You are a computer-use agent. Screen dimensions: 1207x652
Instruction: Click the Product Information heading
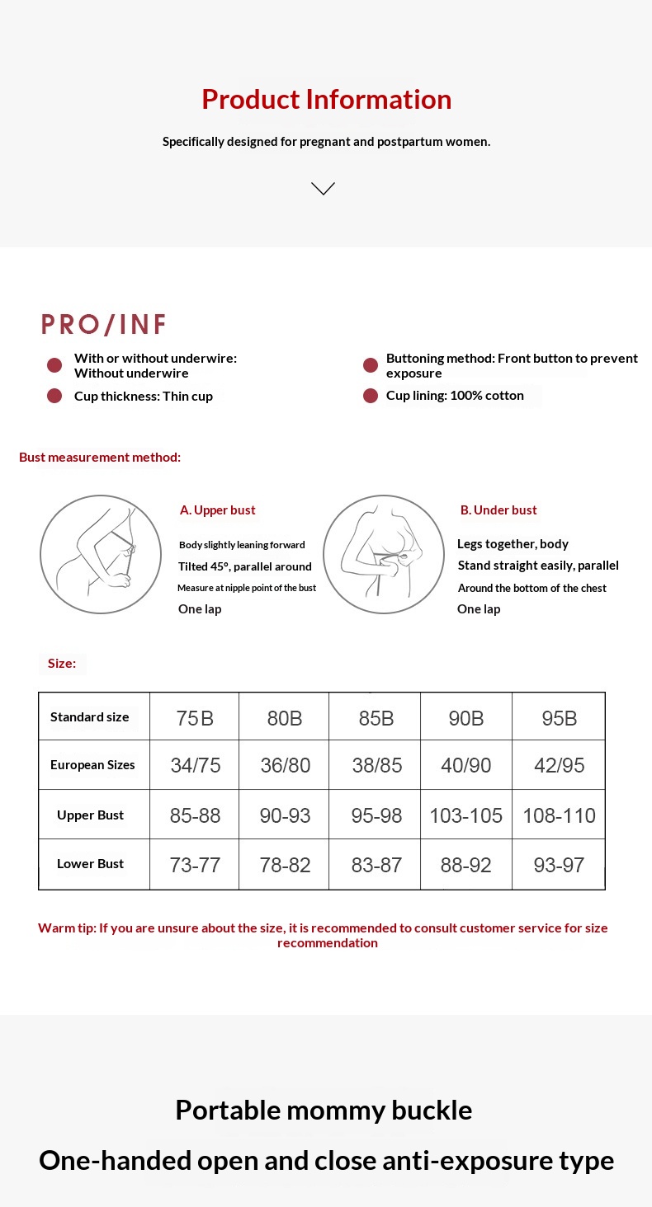326,100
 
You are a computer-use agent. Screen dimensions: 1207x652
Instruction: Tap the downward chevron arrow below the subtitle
323,189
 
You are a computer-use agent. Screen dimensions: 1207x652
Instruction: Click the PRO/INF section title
104,325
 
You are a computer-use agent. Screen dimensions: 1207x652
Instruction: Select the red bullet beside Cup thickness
54,396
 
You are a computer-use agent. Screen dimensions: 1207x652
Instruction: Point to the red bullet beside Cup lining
371,396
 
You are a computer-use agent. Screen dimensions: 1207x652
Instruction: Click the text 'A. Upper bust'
217,510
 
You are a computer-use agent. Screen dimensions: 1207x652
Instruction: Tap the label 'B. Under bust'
498,510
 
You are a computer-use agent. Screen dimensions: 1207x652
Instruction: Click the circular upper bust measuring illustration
101,554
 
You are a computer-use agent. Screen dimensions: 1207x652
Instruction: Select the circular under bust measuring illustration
383,554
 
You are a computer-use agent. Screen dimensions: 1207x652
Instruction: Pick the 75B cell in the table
195,718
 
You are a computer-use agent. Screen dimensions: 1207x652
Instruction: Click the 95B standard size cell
559,718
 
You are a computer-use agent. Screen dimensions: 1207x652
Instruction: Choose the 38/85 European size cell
376,766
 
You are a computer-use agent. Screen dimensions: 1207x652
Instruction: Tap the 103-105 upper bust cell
465,816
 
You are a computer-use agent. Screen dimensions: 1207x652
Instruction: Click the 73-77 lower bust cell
195,865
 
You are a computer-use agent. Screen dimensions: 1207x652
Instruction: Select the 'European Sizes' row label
92,765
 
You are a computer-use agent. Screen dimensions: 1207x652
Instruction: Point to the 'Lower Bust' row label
90,864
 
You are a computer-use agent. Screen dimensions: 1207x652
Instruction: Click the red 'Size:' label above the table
62,664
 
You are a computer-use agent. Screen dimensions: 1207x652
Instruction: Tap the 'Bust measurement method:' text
100,458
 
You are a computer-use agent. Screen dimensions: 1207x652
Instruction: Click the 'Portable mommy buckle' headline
324,1110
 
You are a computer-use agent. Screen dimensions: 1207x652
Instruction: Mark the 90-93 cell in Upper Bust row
285,816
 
